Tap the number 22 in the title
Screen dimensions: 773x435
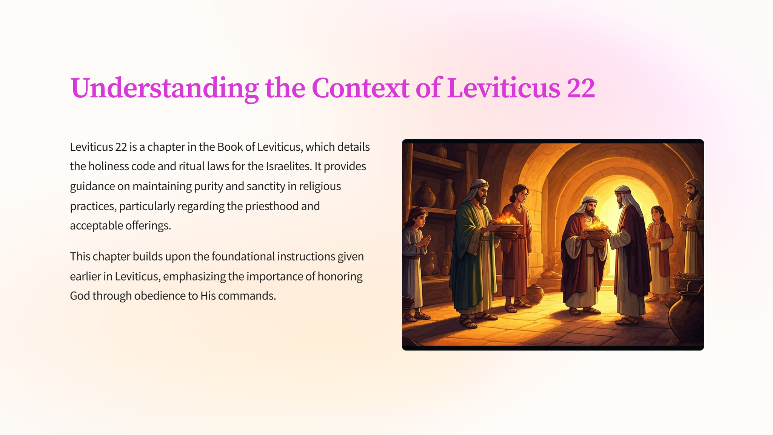click(x=581, y=88)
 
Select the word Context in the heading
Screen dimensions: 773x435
click(x=360, y=88)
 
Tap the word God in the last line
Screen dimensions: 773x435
click(x=80, y=296)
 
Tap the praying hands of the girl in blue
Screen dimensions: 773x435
click(x=425, y=242)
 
